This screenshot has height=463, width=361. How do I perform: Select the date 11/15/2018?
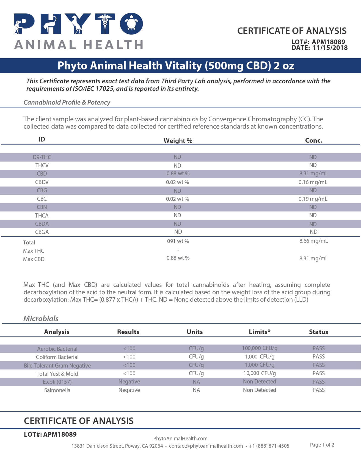(x=330, y=48)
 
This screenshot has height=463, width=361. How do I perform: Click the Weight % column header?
(x=178, y=141)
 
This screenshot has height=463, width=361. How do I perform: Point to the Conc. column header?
(x=313, y=140)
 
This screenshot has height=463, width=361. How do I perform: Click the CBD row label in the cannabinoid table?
(x=42, y=174)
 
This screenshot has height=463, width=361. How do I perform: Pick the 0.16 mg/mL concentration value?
(x=313, y=182)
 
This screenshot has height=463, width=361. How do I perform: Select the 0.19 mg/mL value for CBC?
(x=313, y=199)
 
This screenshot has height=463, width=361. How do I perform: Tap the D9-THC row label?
(x=42, y=157)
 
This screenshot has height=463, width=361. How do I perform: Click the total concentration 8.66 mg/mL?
(x=313, y=241)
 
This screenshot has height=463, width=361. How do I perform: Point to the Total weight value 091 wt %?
(x=178, y=241)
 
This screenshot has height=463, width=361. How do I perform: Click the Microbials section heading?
(x=41, y=318)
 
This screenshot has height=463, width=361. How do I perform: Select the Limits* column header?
(x=260, y=332)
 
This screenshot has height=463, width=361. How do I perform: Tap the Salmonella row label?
(x=57, y=390)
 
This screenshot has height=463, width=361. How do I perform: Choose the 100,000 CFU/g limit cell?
(x=260, y=348)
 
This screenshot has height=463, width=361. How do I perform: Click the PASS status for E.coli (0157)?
(x=318, y=382)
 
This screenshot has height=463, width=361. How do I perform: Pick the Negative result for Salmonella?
(x=129, y=390)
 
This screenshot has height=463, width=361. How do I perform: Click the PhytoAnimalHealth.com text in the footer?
(x=180, y=439)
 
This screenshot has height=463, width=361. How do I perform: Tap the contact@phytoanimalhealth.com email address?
(x=206, y=446)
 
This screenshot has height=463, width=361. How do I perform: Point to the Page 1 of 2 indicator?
(x=322, y=445)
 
